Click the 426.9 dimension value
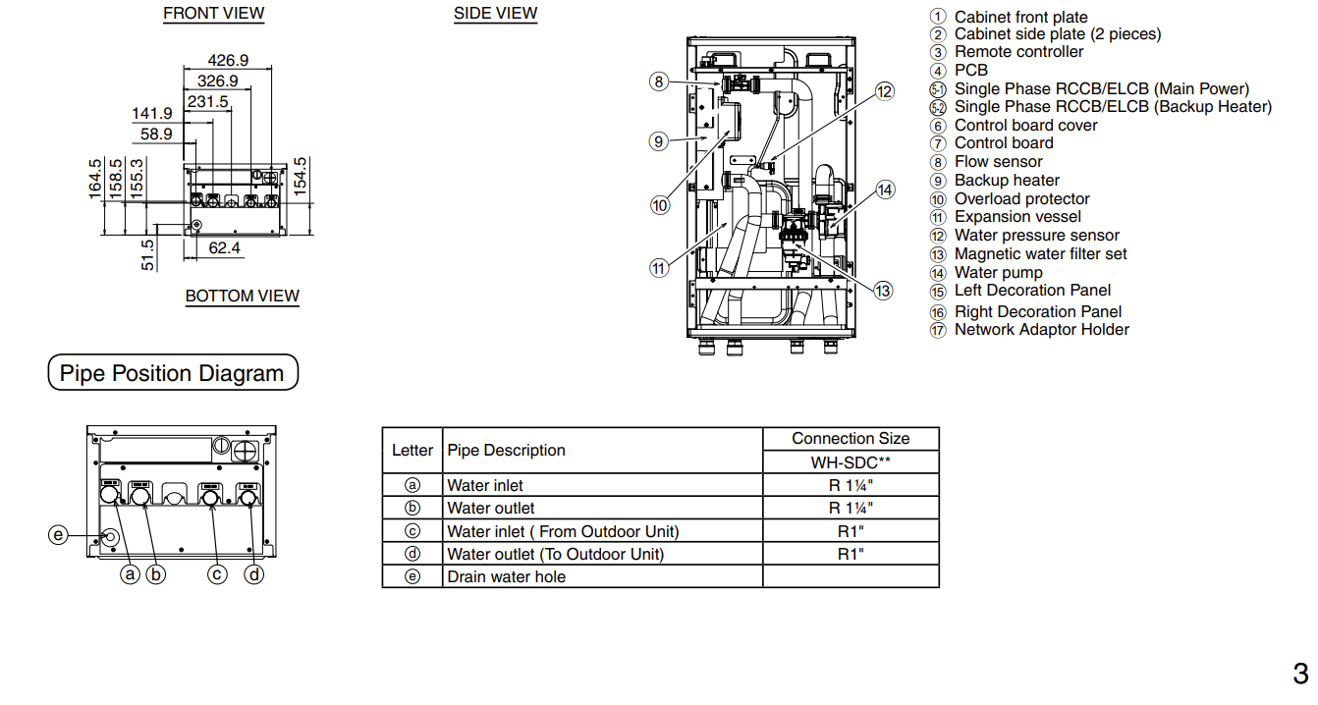[x=228, y=60]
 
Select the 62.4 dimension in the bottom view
[x=224, y=247]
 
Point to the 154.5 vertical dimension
[x=301, y=176]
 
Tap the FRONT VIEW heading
[x=213, y=13]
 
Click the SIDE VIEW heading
[x=495, y=13]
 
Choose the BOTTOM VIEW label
[x=243, y=296]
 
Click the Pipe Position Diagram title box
[x=173, y=372]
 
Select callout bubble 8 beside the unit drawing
[x=659, y=81]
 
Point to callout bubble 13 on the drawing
[x=883, y=291]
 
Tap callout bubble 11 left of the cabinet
[x=659, y=268]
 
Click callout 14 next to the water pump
[x=886, y=190]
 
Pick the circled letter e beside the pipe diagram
[x=58, y=535]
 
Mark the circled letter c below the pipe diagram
[x=217, y=574]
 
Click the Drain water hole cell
[x=506, y=576]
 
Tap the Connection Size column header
[x=851, y=439]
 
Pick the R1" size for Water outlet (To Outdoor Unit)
[x=851, y=554]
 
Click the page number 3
[x=1300, y=674]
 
